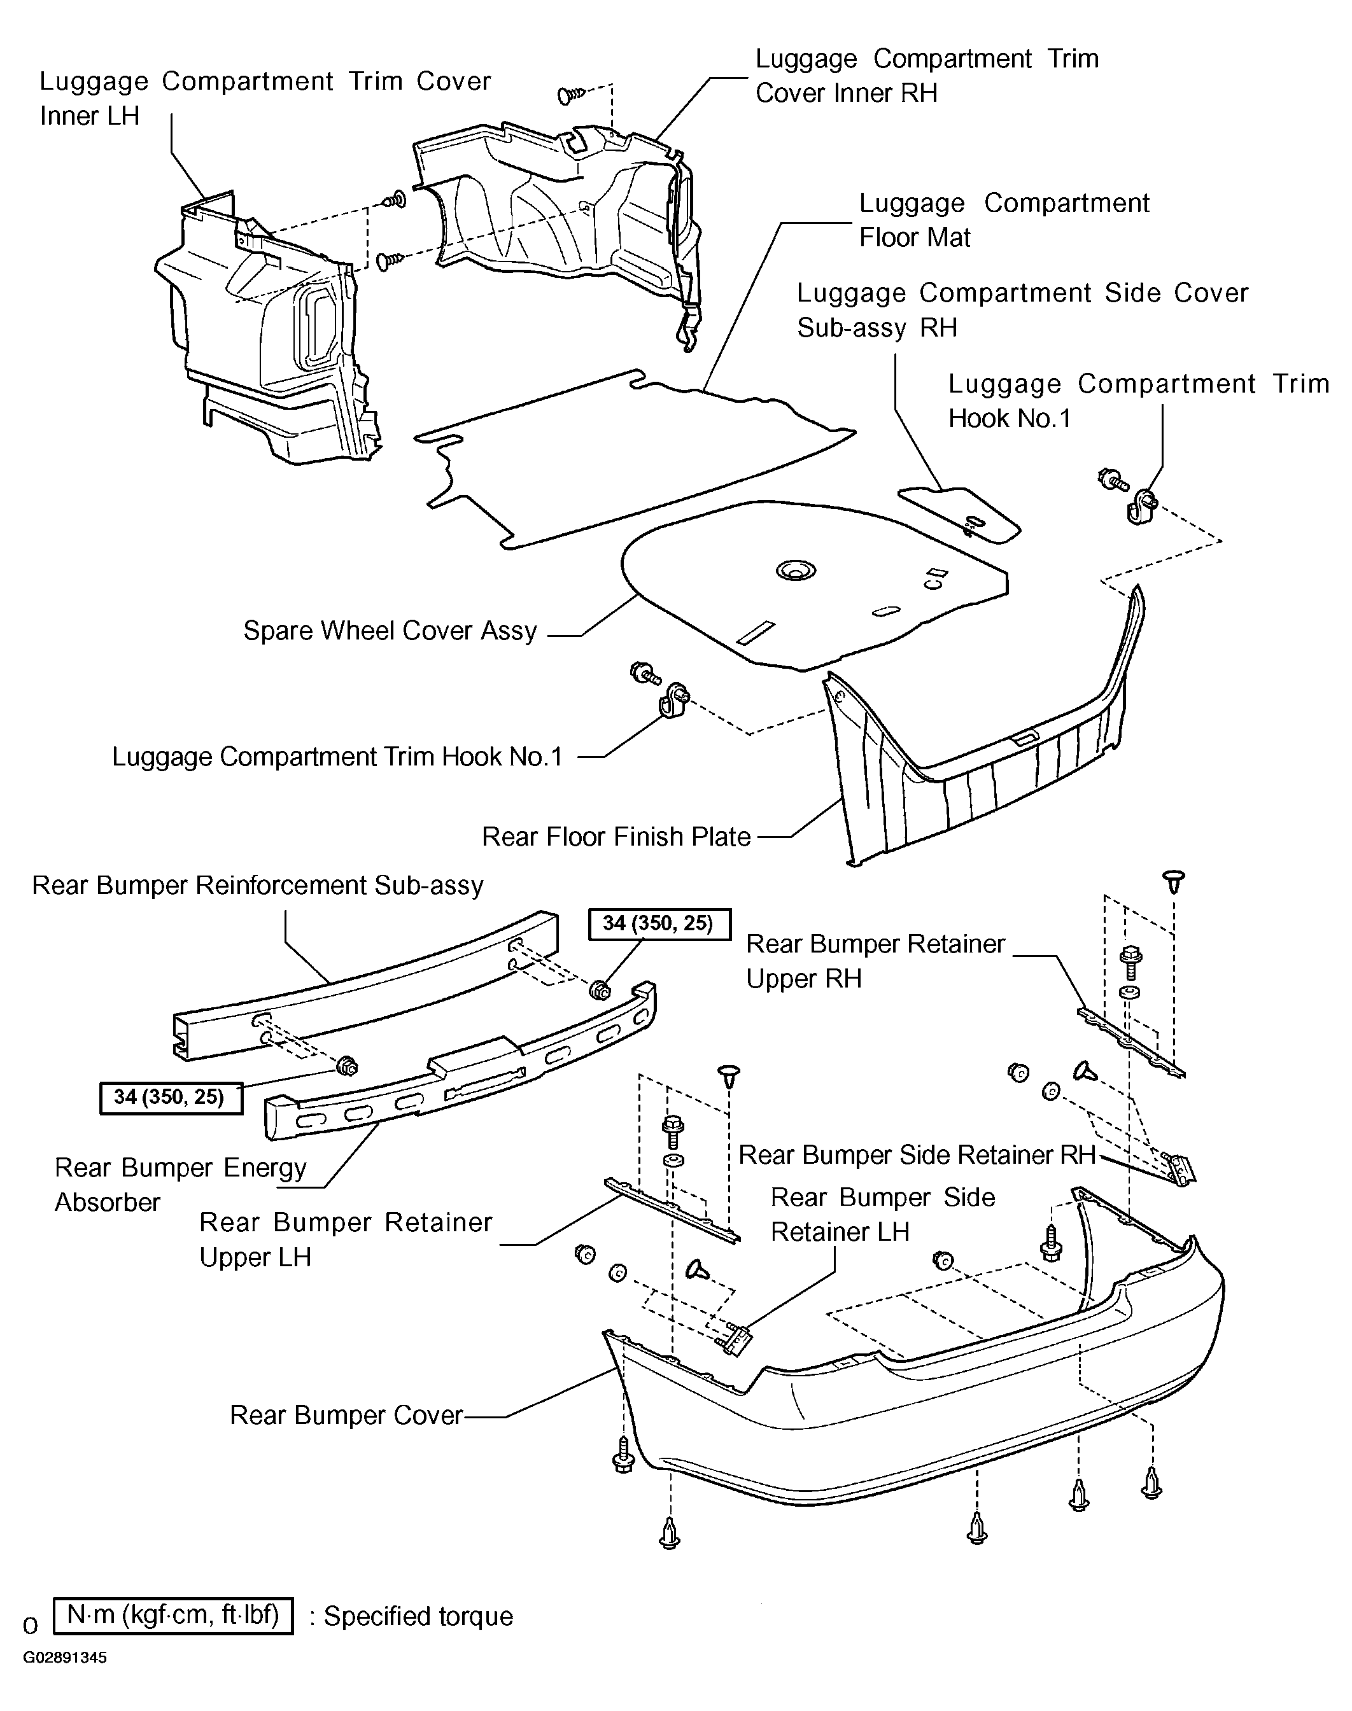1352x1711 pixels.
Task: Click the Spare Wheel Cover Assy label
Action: [390, 631]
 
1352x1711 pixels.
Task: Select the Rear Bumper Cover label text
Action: [346, 1415]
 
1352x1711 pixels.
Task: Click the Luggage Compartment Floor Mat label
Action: [1004, 220]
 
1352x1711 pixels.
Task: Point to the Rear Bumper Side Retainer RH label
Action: [917, 1155]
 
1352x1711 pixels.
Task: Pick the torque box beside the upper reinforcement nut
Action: [659, 923]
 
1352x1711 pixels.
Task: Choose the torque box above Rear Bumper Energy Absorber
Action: [170, 1098]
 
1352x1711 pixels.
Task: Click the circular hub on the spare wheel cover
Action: [796, 570]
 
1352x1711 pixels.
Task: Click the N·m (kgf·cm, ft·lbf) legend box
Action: [173, 1616]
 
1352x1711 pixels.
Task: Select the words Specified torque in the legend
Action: [419, 1616]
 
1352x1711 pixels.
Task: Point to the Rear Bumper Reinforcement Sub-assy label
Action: [257, 885]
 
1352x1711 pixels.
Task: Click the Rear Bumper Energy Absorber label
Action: [181, 1185]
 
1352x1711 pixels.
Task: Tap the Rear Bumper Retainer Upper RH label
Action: [875, 961]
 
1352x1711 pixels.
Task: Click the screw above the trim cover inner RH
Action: [572, 95]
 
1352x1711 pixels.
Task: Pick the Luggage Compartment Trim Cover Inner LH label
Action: [265, 98]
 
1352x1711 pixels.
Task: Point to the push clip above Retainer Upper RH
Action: [1174, 881]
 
